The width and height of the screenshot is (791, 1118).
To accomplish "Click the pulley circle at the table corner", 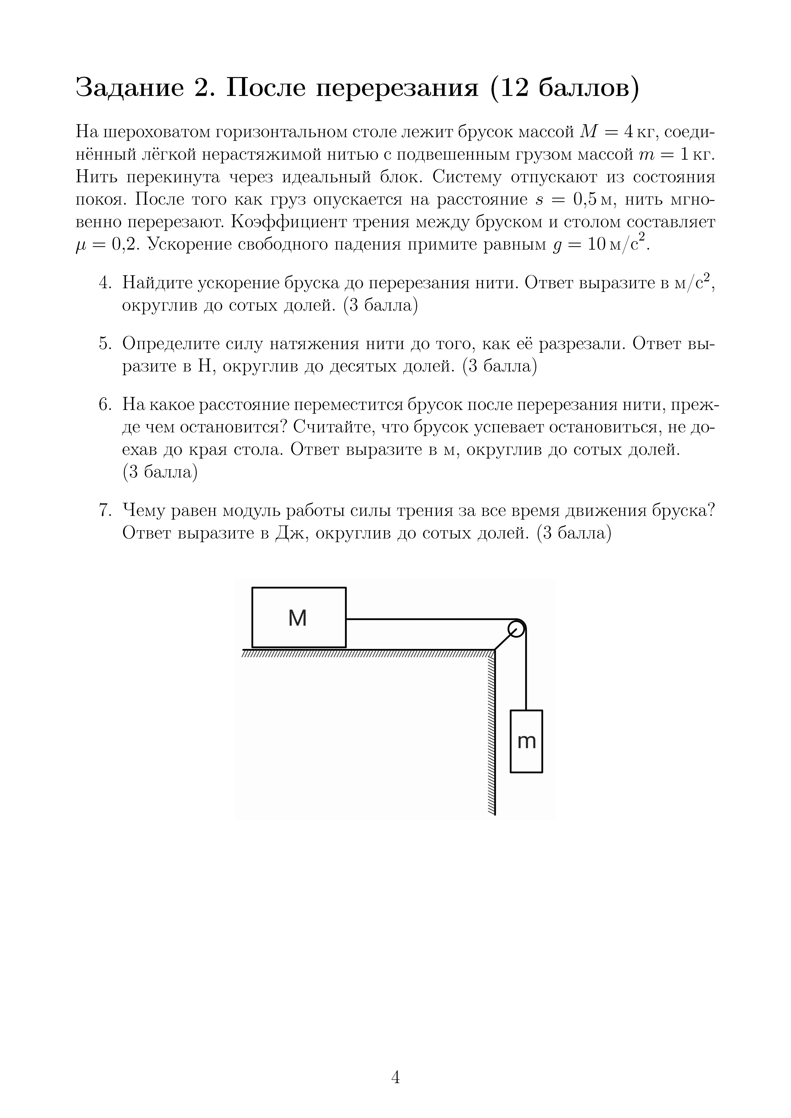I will (x=516, y=629).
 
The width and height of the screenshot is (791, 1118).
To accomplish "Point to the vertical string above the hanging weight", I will (x=527, y=677).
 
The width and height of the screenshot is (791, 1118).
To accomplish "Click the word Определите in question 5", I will (x=170, y=344).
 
